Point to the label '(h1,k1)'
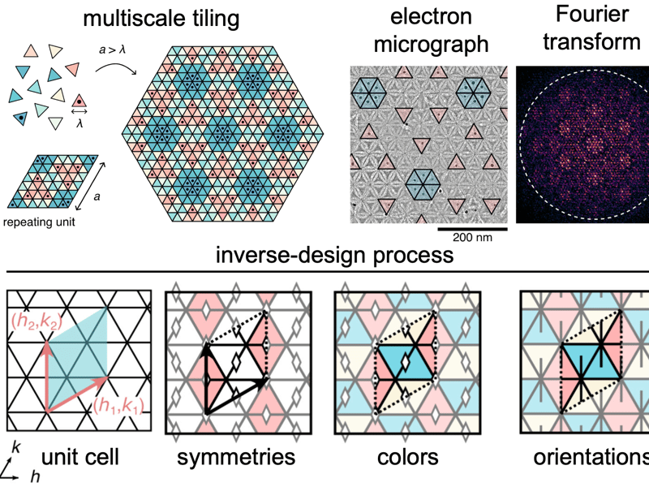click(x=121, y=403)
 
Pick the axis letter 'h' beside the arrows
click(x=35, y=476)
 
